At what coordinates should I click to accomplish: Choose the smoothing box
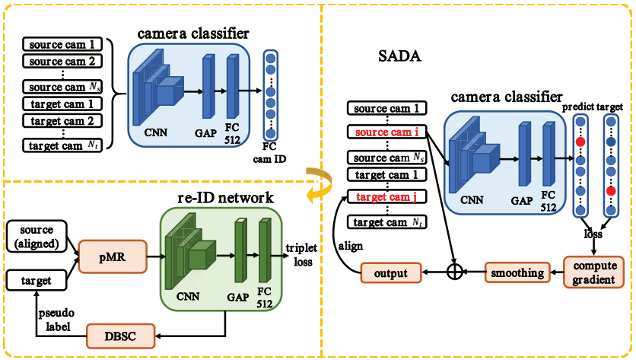(517, 272)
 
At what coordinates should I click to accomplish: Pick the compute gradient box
(594, 271)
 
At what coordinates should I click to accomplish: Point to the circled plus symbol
(454, 272)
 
